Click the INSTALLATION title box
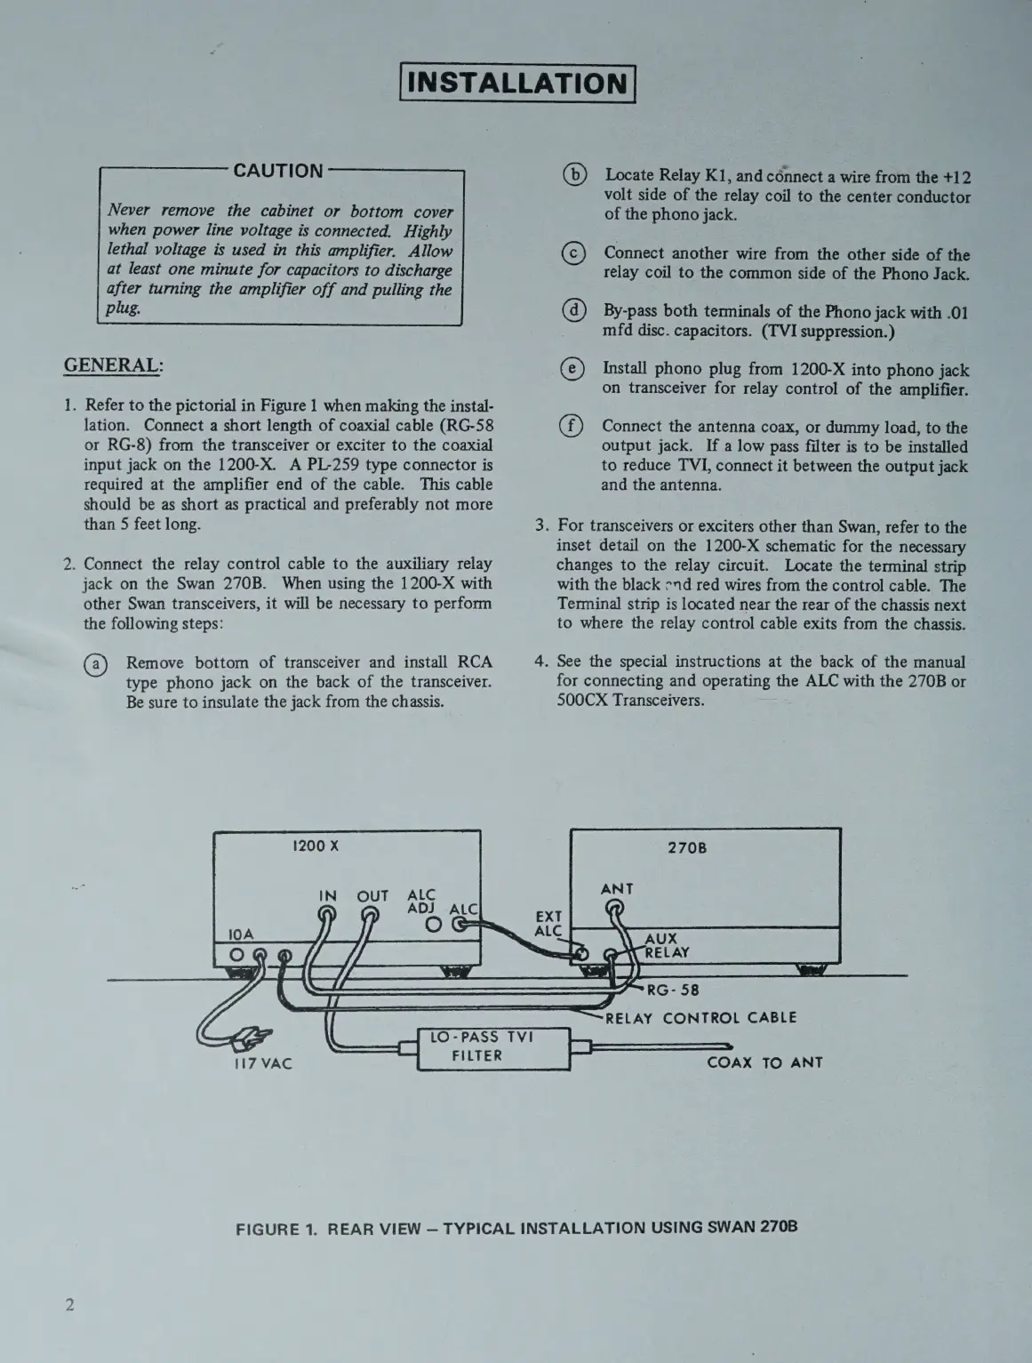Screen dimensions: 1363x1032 518,84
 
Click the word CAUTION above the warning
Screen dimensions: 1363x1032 278,171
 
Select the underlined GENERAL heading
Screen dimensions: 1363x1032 113,365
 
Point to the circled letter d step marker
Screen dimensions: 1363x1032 575,311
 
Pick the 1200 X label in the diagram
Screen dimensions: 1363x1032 316,846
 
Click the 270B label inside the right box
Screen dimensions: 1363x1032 687,847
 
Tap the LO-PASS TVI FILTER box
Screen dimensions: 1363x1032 493,1047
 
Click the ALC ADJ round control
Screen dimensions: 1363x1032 433,926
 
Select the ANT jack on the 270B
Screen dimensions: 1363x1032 613,909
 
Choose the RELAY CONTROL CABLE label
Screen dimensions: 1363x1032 700,1018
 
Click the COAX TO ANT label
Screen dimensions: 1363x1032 764,1062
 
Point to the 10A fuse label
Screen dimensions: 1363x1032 240,934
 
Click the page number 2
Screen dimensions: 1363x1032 69,1305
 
